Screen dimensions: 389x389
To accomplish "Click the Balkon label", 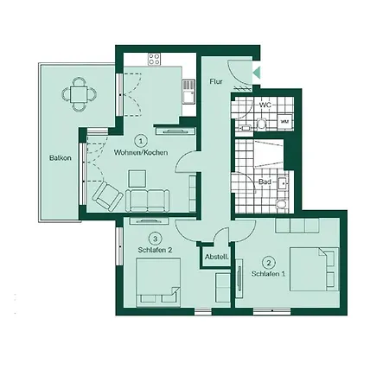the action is (61, 158).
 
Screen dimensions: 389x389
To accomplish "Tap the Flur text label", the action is (216, 81).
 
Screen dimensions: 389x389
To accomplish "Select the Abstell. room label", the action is (217, 257).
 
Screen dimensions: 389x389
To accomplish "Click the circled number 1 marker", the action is (141, 141).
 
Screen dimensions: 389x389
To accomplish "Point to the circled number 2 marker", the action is (269, 263).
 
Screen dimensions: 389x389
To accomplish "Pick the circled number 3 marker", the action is (156, 239).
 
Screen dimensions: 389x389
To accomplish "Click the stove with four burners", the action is (154, 60).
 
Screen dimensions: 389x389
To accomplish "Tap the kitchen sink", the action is (188, 92).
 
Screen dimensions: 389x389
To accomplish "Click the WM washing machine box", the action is (284, 122).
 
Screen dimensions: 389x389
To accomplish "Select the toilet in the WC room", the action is (261, 124).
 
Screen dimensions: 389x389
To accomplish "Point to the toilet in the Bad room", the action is (281, 204).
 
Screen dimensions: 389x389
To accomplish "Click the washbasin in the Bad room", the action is (283, 182).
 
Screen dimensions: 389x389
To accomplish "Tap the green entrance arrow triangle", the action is (257, 73).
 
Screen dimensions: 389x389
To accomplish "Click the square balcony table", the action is (79, 94).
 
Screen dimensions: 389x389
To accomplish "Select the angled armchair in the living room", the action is (108, 196).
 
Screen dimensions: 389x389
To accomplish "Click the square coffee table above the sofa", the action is (137, 179).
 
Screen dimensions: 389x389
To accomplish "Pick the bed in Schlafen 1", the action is (315, 269).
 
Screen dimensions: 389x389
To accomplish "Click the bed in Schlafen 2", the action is (158, 283).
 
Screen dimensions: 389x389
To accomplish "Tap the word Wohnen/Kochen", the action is (141, 152).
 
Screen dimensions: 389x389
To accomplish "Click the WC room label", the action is (265, 105).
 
